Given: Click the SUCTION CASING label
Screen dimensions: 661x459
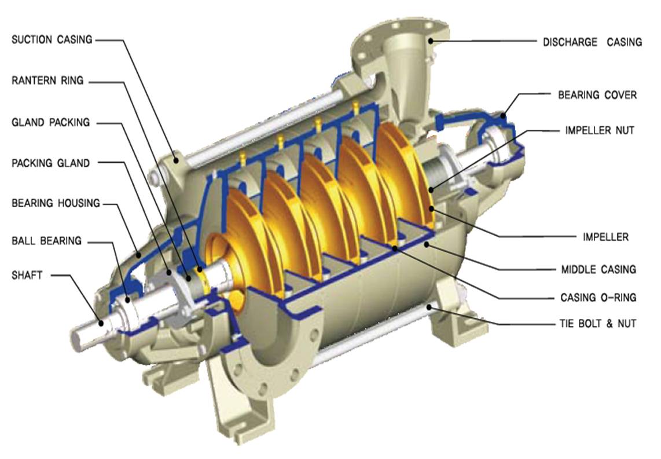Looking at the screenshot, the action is (52, 39).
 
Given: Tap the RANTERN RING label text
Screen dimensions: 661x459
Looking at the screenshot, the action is (47, 80).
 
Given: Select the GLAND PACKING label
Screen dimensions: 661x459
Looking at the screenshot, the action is (50, 122).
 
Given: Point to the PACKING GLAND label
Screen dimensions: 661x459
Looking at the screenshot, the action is (50, 163).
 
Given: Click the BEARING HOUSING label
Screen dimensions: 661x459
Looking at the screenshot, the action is (56, 203).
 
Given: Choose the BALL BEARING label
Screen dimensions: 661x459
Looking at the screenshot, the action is (46, 241).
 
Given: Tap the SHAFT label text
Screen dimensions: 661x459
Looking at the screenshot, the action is (27, 276).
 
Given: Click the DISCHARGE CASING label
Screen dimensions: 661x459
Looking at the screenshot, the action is (592, 42).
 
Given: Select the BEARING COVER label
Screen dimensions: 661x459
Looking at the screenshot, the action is (597, 95).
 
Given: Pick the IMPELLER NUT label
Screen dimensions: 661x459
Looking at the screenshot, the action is (600, 130).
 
